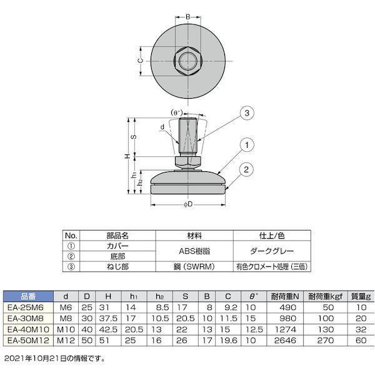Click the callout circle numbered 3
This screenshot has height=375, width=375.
[247, 113]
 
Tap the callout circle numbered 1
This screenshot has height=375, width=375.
[247, 145]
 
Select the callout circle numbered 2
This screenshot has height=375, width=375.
[246, 169]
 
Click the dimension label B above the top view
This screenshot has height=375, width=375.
[188, 17]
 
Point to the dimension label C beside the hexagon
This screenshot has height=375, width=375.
[141, 61]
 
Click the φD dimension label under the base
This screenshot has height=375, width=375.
[188, 204]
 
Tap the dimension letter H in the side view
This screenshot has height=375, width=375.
[128, 156]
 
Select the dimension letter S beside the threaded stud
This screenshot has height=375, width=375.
[134, 137]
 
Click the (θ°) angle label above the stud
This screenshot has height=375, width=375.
[177, 112]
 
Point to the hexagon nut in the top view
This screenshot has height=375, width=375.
[188, 61]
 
